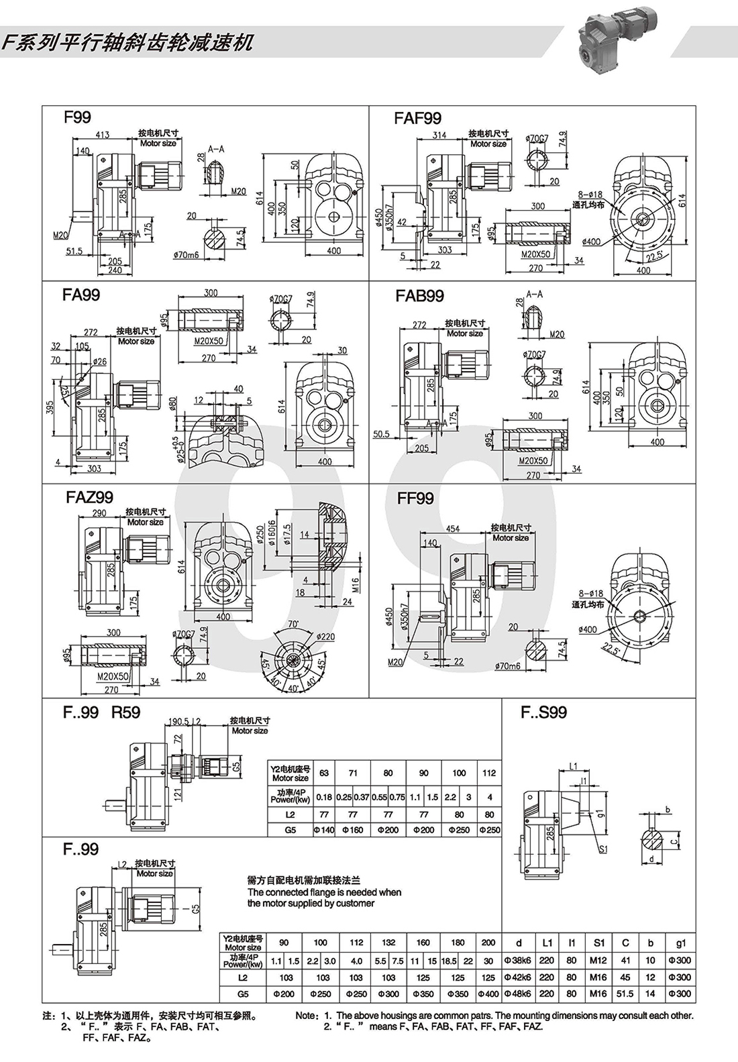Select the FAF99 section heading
tap(417, 119)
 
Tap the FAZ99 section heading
tap(89, 498)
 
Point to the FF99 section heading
tap(415, 498)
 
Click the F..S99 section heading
tap(543, 712)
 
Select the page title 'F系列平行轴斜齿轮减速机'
tap(127, 43)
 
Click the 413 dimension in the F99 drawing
tap(103, 136)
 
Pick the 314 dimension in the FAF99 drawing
tap(439, 136)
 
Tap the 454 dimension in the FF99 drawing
tap(453, 529)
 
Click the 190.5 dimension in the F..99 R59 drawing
tap(178, 721)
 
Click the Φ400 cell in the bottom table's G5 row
tap(488, 994)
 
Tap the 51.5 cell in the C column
tap(625, 994)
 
